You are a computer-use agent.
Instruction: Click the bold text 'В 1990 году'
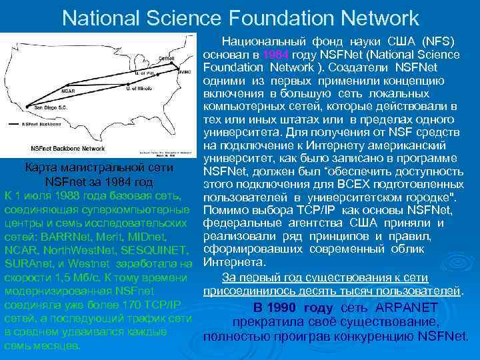pos(293,307)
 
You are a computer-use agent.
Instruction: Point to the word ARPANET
pos(406,307)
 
